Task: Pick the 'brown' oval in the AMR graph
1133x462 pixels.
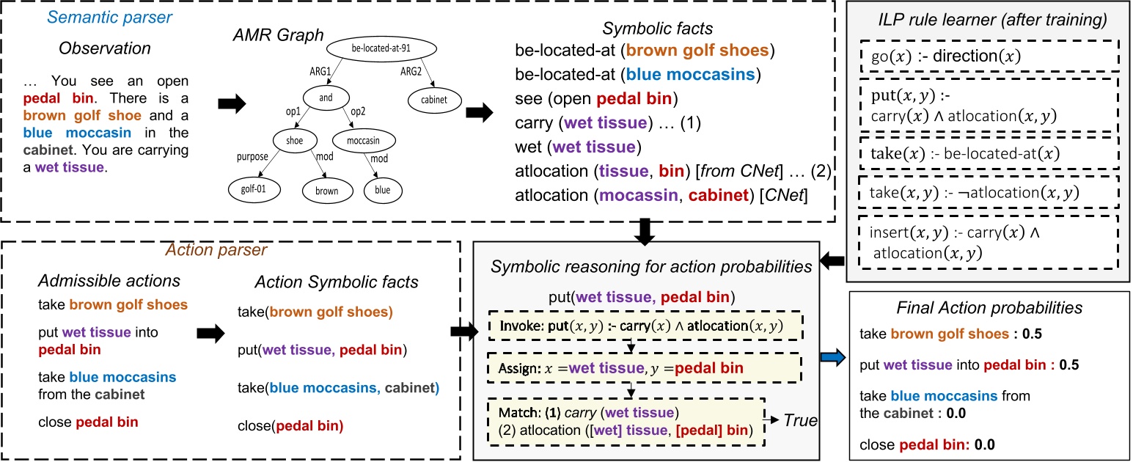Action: coord(326,190)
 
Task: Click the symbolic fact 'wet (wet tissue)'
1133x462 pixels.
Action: coord(574,147)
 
